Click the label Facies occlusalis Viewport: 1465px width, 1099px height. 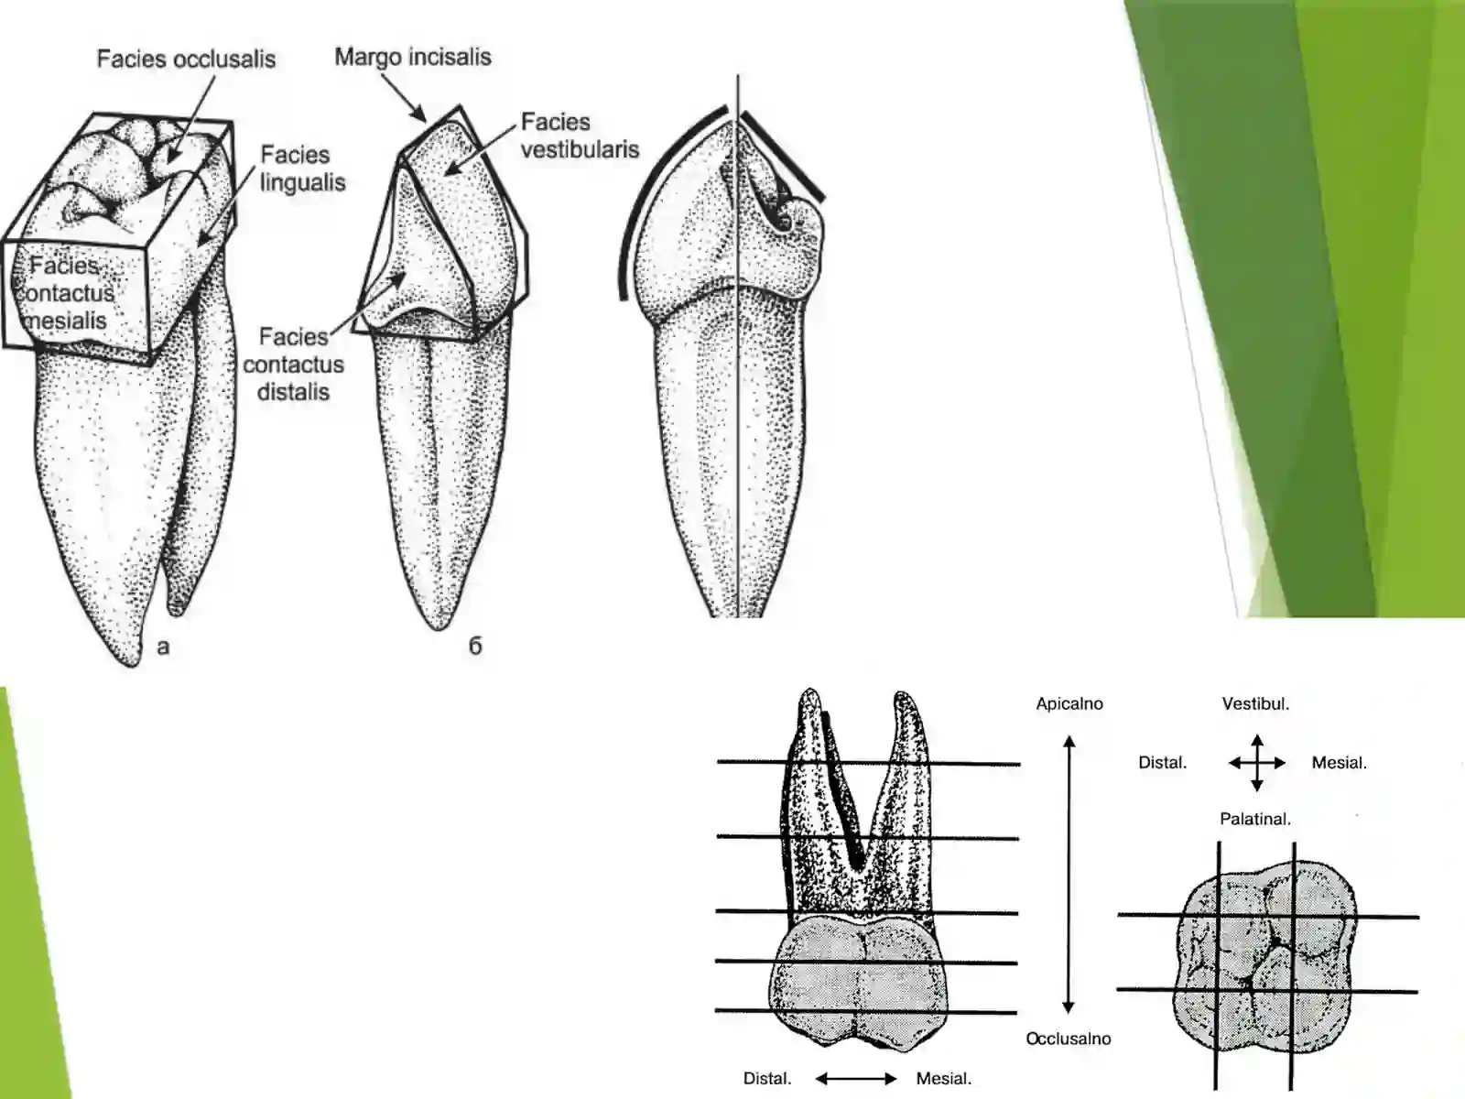click(x=186, y=60)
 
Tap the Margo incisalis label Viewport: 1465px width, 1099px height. click(x=412, y=57)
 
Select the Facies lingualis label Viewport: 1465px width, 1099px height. click(x=302, y=169)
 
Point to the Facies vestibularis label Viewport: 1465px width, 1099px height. click(x=580, y=136)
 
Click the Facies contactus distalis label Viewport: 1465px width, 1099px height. click(x=293, y=365)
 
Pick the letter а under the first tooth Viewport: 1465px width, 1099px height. click(x=163, y=647)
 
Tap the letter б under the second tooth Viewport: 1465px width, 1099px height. click(x=475, y=646)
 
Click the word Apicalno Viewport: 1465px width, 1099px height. click(x=1069, y=704)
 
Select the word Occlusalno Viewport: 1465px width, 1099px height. click(x=1068, y=1039)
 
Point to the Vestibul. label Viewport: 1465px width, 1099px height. click(x=1255, y=704)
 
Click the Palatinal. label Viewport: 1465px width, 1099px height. click(x=1254, y=819)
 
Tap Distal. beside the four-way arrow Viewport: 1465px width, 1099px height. click(x=1162, y=763)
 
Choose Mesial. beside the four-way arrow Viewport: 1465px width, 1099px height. click(x=1339, y=763)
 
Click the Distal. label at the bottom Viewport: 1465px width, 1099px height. click(x=767, y=1079)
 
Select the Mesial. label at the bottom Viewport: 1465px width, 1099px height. click(x=943, y=1079)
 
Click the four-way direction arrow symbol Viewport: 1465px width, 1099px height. click(x=1256, y=762)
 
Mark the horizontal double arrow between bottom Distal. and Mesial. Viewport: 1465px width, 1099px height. click(x=856, y=1079)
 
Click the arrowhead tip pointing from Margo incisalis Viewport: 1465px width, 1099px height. click(x=423, y=120)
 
